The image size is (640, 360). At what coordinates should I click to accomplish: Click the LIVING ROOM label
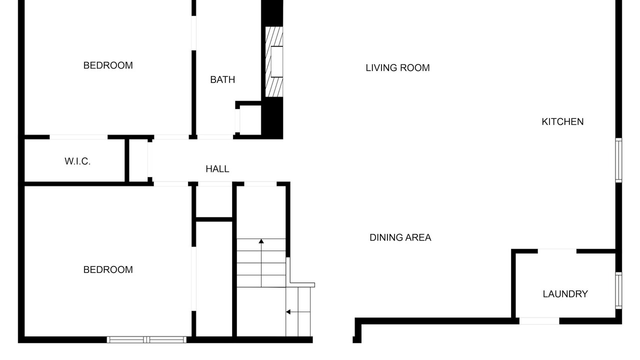pyautogui.click(x=397, y=67)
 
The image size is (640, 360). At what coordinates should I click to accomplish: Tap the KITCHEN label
pyautogui.click(x=562, y=121)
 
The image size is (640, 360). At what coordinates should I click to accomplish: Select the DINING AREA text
pyautogui.click(x=400, y=237)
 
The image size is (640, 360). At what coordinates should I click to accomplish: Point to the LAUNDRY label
pyautogui.click(x=565, y=293)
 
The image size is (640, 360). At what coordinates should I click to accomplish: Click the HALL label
pyautogui.click(x=217, y=169)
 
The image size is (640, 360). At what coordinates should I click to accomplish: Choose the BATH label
pyautogui.click(x=222, y=79)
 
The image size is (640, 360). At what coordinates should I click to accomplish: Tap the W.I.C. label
pyautogui.click(x=77, y=161)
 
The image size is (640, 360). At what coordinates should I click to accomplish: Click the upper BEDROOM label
pyautogui.click(x=108, y=65)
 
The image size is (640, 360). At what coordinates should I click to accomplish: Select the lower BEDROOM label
pyautogui.click(x=108, y=269)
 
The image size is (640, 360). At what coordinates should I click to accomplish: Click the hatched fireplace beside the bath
pyautogui.click(x=274, y=61)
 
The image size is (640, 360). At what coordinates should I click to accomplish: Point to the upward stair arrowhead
pyautogui.click(x=261, y=241)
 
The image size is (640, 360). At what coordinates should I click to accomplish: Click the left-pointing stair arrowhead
pyautogui.click(x=288, y=311)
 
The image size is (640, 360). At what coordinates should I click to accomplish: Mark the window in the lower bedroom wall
pyautogui.click(x=146, y=339)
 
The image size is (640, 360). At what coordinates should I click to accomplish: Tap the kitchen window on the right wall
pyautogui.click(x=618, y=160)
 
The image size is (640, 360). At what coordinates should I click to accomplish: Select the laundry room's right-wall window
pyautogui.click(x=618, y=290)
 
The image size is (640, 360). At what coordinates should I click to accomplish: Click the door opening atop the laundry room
pyautogui.click(x=557, y=251)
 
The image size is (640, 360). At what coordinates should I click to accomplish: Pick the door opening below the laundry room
pyautogui.click(x=539, y=321)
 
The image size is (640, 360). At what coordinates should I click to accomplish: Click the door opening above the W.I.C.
pyautogui.click(x=78, y=137)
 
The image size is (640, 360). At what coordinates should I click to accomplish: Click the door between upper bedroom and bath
pyautogui.click(x=193, y=33)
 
